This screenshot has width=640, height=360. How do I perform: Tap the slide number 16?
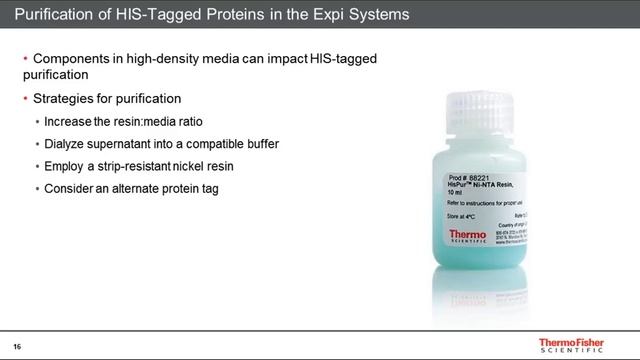pyautogui.click(x=17, y=346)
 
